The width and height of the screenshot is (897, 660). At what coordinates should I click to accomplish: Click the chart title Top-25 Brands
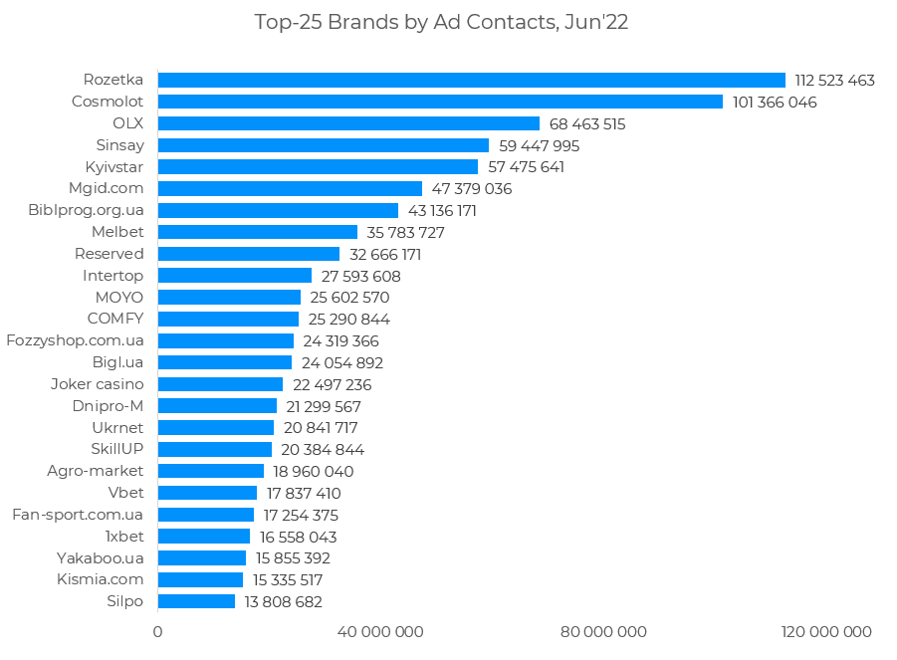coord(441,22)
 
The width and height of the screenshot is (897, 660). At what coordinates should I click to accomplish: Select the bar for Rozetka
coord(471,80)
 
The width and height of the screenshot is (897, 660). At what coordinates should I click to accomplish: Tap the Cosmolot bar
coord(440,102)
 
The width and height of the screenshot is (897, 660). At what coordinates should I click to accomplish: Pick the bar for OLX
coord(348,123)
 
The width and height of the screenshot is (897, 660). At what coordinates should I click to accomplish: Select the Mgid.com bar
coord(290,188)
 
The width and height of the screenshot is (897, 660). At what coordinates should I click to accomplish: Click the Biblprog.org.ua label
coord(86,210)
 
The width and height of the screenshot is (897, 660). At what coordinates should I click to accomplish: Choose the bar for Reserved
coord(249,254)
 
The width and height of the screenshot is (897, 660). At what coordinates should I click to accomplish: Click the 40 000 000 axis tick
coord(380,632)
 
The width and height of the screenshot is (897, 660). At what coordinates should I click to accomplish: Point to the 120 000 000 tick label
coord(826,632)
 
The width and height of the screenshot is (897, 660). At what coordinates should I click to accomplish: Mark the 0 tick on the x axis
coord(157,632)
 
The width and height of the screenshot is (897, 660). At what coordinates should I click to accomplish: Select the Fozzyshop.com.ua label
coord(75,340)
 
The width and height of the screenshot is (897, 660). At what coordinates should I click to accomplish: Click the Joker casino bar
coord(220,384)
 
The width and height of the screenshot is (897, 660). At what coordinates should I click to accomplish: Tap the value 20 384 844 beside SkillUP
coord(323,449)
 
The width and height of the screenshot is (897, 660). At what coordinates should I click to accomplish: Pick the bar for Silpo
coord(196,601)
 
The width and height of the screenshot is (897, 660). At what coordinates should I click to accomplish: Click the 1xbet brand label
coord(124,536)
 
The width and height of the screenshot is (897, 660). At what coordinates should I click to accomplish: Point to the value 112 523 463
coord(834,80)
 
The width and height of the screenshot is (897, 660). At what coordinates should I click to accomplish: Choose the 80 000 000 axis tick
coord(603,632)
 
